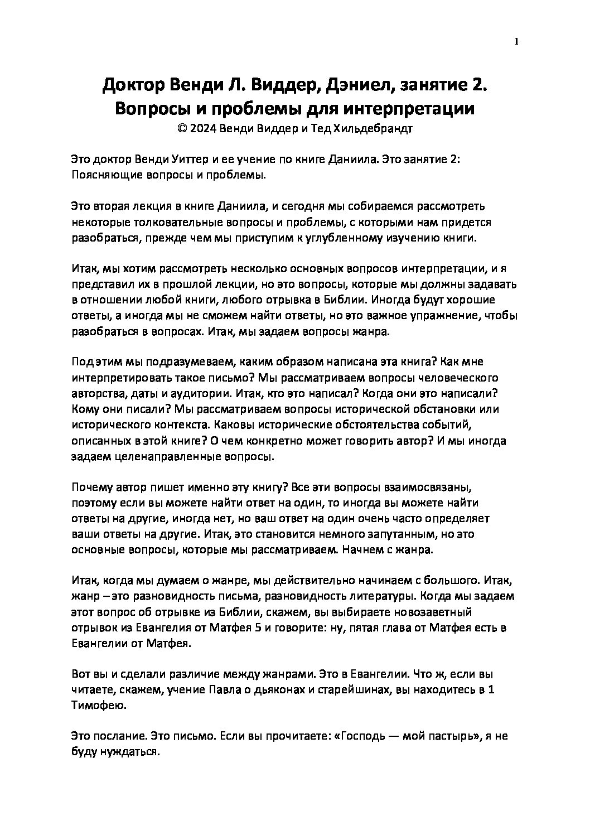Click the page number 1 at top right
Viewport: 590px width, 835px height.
518,41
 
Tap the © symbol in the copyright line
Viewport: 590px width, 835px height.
180,128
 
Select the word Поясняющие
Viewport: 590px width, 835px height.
103,175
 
